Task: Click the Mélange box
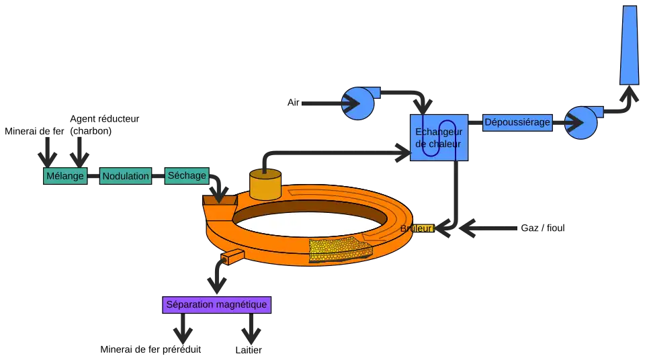click(x=65, y=177)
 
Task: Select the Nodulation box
click(x=126, y=177)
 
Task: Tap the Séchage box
click(x=187, y=176)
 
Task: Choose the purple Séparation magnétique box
click(x=216, y=305)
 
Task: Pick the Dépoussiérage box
click(x=517, y=122)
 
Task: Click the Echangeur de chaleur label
click(x=439, y=138)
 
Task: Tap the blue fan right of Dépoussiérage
click(x=580, y=122)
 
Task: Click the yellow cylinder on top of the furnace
click(x=265, y=185)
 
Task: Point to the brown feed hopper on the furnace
click(x=219, y=199)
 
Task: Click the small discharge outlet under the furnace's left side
click(x=230, y=257)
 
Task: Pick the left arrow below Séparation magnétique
click(x=182, y=330)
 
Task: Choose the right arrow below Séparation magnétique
click(x=251, y=330)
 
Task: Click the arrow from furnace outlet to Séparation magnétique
click(x=216, y=277)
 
